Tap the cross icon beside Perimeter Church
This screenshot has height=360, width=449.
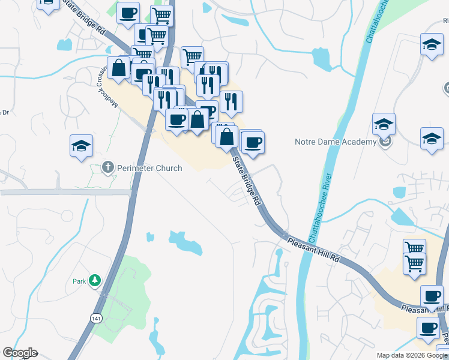[108, 167]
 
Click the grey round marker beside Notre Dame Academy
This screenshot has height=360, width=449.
[387, 142]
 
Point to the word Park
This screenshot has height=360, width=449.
[80, 281]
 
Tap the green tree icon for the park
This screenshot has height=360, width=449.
[94, 280]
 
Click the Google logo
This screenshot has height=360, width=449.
[20, 353]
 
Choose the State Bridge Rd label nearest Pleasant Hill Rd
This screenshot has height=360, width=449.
[247, 180]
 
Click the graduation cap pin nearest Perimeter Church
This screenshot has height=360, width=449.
[81, 146]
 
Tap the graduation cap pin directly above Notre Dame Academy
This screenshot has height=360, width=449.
[384, 124]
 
